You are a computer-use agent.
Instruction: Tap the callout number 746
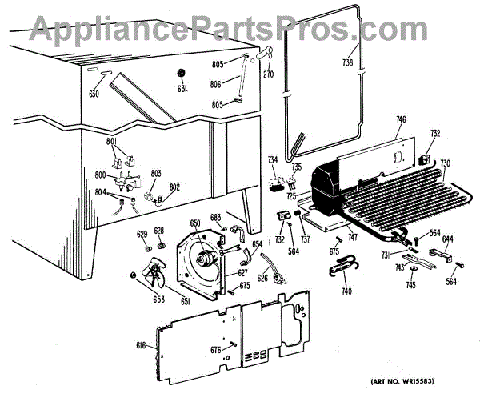(401, 120)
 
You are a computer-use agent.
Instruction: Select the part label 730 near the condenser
(445, 163)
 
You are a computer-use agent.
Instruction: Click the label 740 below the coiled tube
(346, 291)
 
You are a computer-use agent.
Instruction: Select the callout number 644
(448, 239)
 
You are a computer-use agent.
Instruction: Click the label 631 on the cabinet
(183, 89)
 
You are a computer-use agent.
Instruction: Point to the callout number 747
(352, 239)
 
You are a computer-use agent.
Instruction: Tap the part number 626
(262, 278)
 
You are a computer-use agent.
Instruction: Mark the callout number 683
(215, 218)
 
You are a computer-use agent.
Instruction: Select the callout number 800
(101, 175)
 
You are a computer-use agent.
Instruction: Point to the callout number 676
(216, 350)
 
